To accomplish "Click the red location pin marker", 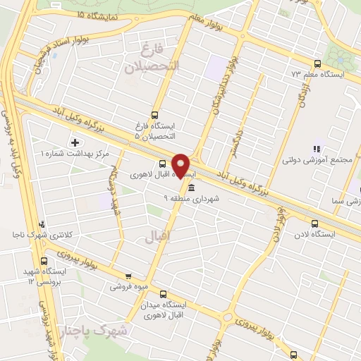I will click(x=182, y=164).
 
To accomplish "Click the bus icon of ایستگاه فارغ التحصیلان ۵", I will click(x=154, y=116).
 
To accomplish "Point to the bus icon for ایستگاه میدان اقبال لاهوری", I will click(x=164, y=294).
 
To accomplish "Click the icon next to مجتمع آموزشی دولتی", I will click(x=317, y=149).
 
